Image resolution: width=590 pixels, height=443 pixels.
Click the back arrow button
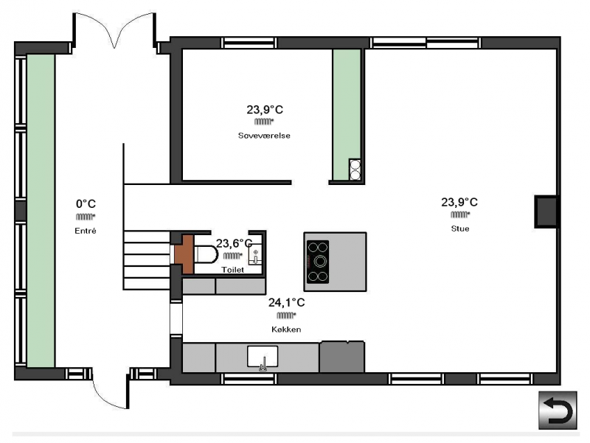558,411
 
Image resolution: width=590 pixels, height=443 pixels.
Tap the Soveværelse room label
264,136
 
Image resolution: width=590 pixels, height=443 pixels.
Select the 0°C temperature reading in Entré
86,204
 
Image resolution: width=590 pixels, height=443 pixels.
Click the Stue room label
459,229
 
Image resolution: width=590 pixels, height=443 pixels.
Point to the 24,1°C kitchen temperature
286,302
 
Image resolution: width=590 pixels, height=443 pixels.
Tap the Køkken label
286,329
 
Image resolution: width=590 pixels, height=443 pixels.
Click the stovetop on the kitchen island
318,262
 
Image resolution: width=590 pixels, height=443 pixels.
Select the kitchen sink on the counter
263,357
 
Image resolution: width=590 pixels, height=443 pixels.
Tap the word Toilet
232,270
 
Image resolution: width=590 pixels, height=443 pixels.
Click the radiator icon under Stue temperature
460,214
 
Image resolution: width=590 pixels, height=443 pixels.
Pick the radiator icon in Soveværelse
264,122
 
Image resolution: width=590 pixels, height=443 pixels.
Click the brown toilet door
184,254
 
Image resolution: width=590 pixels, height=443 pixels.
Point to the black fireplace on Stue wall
546,212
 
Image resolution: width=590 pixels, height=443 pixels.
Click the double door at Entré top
114,31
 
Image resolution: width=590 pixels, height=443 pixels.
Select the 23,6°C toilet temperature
234,244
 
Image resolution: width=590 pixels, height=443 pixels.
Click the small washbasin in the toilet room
255,254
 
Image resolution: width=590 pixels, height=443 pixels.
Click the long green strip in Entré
41,211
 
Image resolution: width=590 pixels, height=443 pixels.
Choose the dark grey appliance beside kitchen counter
342,357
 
